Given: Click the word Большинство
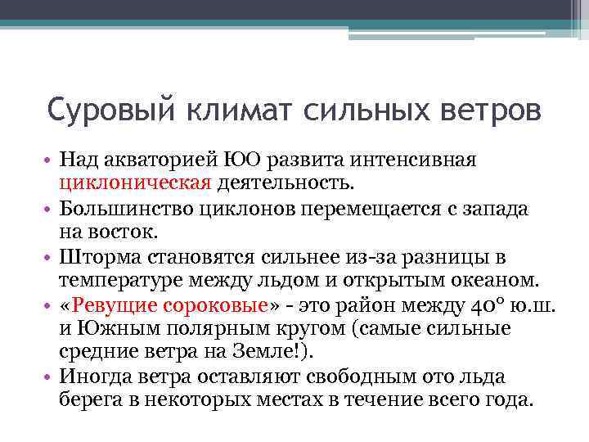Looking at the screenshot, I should tap(122, 209).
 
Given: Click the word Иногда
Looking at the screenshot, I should tap(92, 377).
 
